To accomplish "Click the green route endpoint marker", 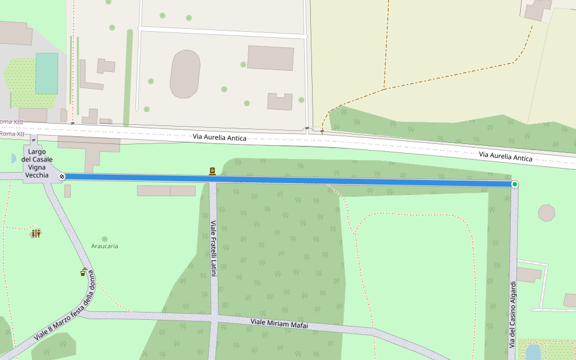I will tap(514, 184).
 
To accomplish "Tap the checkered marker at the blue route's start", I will tap(62, 176).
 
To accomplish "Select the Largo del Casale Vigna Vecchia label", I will tap(37, 163).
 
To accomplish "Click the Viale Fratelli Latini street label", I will tap(213, 248).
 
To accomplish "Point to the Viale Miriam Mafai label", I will tap(279, 324).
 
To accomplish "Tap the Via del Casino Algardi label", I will tap(513, 314).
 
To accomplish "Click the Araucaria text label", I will tap(104, 246).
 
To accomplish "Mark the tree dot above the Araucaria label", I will tap(104, 239).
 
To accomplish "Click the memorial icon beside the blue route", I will tap(212, 171).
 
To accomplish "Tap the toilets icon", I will tap(36, 233).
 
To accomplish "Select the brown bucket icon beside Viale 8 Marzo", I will tap(84, 272).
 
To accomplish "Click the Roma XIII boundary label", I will tap(11, 122).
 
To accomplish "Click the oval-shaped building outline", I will tap(185, 74).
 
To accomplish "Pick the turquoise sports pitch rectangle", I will tap(47, 73).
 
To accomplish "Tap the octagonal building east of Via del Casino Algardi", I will tap(547, 212).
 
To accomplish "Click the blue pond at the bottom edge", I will tap(533, 352).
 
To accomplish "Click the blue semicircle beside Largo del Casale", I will tap(13, 158).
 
